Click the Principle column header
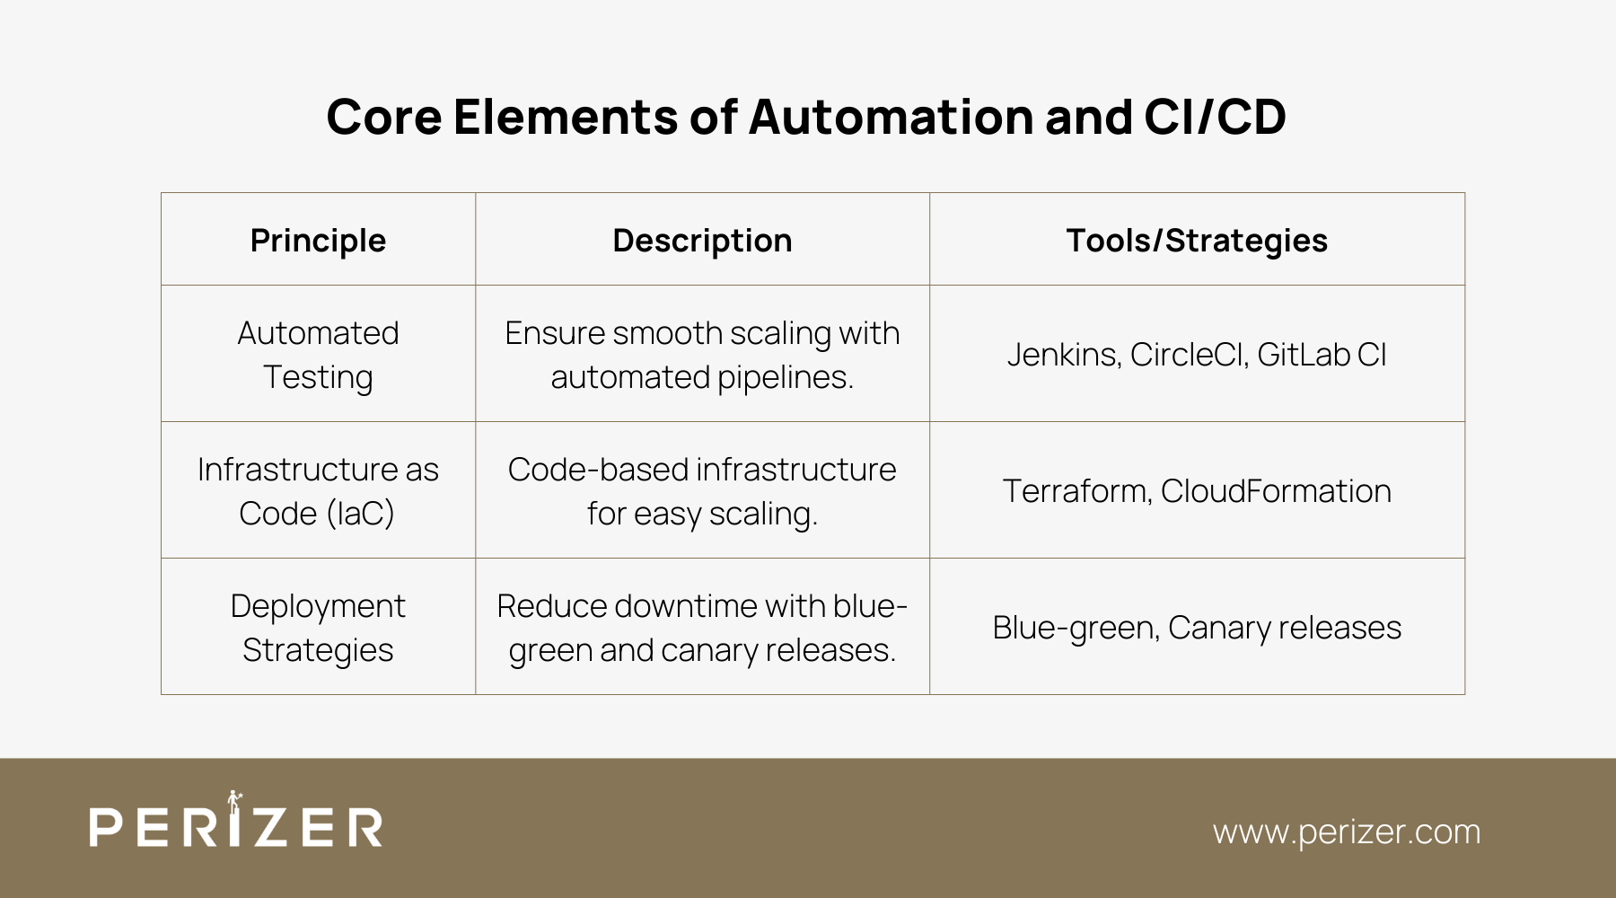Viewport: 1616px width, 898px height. pyautogui.click(x=318, y=241)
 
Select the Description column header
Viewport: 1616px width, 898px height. pyautogui.click(x=702, y=241)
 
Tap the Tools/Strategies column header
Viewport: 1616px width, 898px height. pyautogui.click(x=1197, y=241)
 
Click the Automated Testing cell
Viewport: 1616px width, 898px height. pyautogui.click(x=318, y=355)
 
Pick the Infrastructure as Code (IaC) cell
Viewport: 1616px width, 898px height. pyautogui.click(x=318, y=491)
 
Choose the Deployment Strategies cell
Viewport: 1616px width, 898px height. pyautogui.click(x=318, y=628)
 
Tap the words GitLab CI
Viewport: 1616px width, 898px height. pyautogui.click(x=1322, y=355)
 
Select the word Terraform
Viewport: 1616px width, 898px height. pyautogui.click(x=1076, y=491)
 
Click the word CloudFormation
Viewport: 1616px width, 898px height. pyautogui.click(x=1276, y=491)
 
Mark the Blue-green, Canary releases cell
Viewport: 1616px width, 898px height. pyautogui.click(x=1197, y=628)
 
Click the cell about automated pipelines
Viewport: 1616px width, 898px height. pyautogui.click(x=702, y=355)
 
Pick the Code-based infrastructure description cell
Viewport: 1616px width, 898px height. pyautogui.click(x=702, y=491)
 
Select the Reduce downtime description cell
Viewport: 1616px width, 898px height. pyautogui.click(x=702, y=628)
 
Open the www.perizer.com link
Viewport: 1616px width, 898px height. pyautogui.click(x=1346, y=832)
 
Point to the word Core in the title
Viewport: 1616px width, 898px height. pyautogui.click(x=384, y=117)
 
